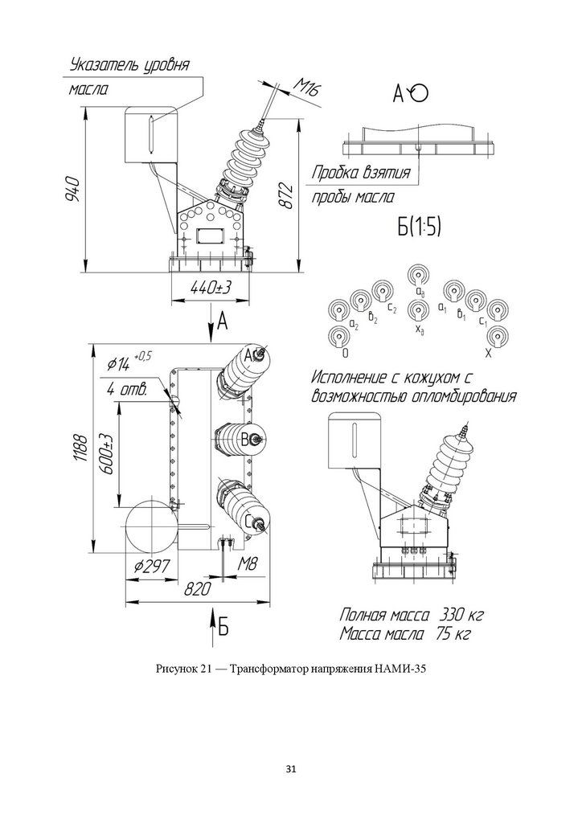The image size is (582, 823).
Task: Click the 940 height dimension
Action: coord(72,190)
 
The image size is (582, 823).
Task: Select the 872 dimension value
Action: coord(285,194)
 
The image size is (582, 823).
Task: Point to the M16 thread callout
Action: coord(304,87)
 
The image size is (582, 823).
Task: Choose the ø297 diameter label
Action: coord(151,567)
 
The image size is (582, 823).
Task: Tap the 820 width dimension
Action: coord(197,589)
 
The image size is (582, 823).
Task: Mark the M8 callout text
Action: coord(247,565)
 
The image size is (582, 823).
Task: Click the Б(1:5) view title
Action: coord(418,227)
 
